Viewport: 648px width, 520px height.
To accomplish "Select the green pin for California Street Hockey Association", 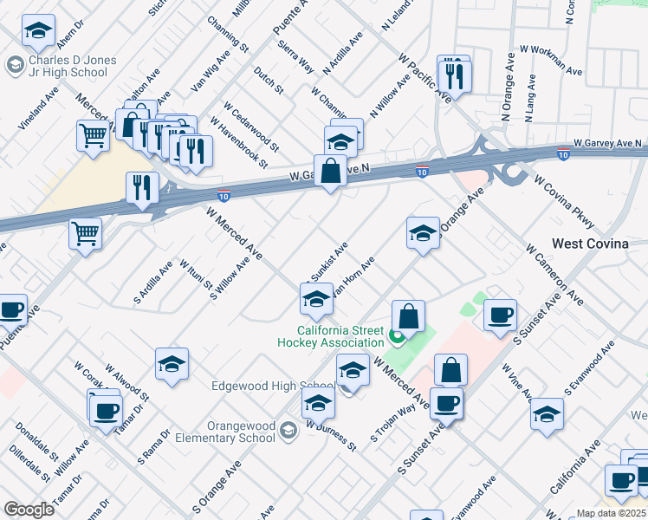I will pos(397,336).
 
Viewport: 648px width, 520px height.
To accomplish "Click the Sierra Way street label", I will pos(295,55).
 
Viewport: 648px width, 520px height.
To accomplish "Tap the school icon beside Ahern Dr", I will pos(38,31).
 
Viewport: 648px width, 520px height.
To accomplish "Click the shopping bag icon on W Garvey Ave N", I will pos(331,170).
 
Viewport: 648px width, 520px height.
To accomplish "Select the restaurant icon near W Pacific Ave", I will pos(455,76).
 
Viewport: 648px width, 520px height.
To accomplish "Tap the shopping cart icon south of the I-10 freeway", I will pos(85,232).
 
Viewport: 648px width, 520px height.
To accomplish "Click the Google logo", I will pos(29,510).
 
